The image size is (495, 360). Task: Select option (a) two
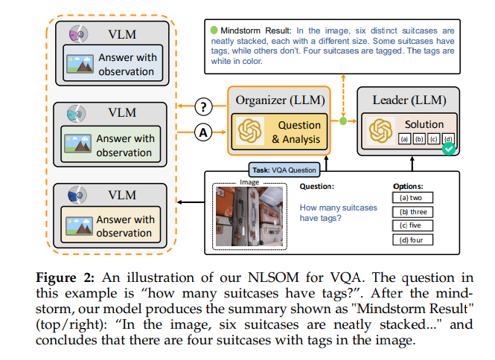(x=412, y=198)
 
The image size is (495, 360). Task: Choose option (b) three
(x=412, y=211)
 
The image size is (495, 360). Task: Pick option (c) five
(x=412, y=225)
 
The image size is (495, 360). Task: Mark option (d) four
(x=412, y=240)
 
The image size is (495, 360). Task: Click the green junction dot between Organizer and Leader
(x=342, y=120)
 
